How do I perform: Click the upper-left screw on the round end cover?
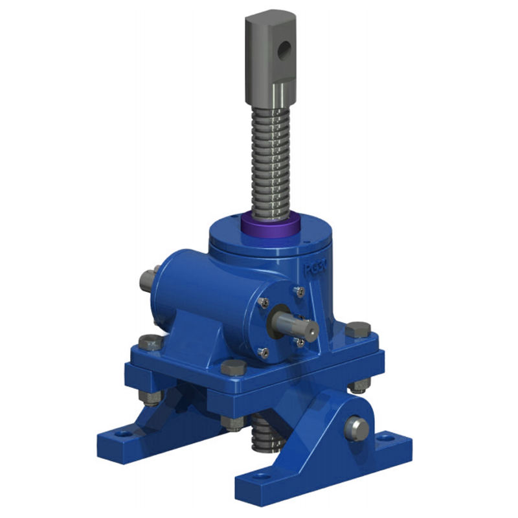coord(264,300)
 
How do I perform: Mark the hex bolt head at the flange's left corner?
coord(150,341)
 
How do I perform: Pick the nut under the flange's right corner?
coord(358,386)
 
